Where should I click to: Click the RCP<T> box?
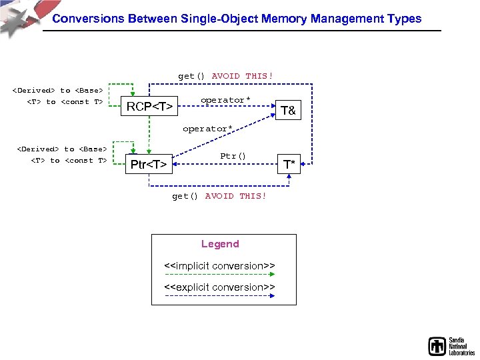(x=151, y=106)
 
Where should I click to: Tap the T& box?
(x=288, y=111)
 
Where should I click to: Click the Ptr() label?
(x=233, y=156)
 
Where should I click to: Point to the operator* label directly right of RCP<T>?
(x=225, y=100)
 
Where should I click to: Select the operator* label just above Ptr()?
(x=207, y=129)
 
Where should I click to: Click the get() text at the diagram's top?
(x=191, y=76)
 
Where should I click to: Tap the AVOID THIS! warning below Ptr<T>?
(x=235, y=196)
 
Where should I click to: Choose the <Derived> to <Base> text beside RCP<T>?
(x=59, y=91)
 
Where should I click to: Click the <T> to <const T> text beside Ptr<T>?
(x=69, y=160)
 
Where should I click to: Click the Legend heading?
(x=220, y=244)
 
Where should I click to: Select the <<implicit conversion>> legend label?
(x=220, y=266)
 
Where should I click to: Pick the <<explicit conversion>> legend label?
(x=220, y=287)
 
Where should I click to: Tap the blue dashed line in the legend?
(x=220, y=296)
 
